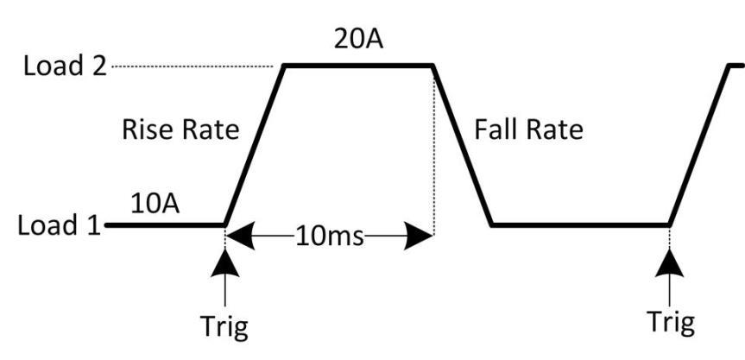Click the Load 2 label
(x=65, y=66)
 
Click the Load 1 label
(x=59, y=224)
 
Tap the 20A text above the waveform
(x=358, y=40)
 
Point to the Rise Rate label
(x=180, y=129)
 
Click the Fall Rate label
(x=528, y=129)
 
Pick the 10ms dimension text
(x=329, y=236)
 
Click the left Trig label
(x=224, y=326)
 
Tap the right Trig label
(x=671, y=323)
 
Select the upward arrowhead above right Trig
(x=669, y=262)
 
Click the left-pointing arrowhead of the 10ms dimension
(x=240, y=235)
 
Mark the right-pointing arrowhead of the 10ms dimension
(x=418, y=235)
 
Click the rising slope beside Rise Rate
(x=254, y=145)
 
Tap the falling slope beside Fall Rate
(x=463, y=145)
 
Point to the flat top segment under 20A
(x=358, y=66)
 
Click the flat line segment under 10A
(x=165, y=224)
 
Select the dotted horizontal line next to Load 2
(x=192, y=66)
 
